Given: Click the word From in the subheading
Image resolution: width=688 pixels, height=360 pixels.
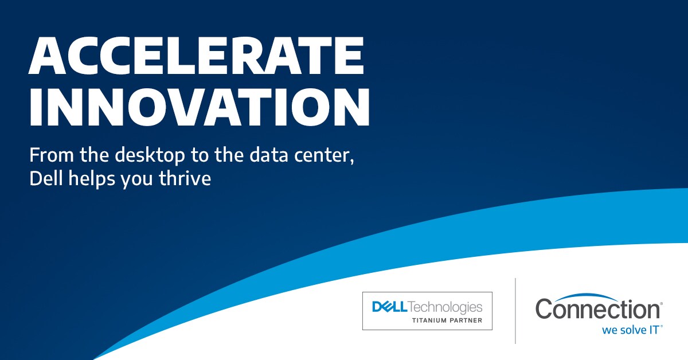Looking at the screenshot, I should (49, 155).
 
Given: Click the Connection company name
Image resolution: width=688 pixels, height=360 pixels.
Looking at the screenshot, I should (598, 310).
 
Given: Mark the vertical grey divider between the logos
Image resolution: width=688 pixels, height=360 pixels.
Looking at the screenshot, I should (515, 310).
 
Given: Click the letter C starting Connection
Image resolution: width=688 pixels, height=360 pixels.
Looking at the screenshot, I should (545, 310).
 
